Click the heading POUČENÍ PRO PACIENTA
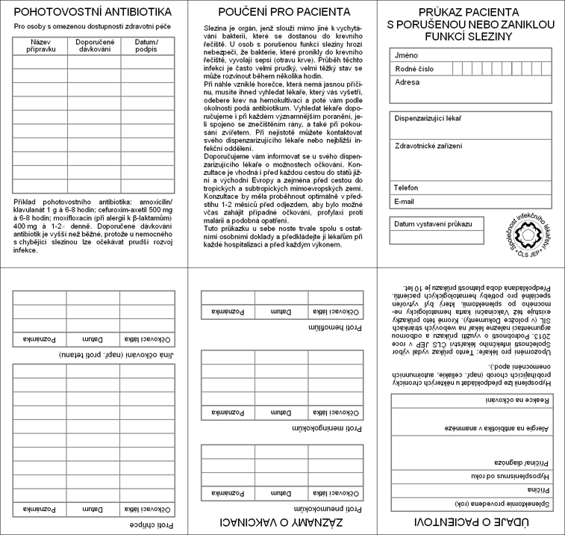(283, 12)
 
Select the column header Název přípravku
(40, 46)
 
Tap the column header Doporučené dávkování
(94, 46)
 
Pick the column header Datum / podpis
(146, 46)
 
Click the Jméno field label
(408, 55)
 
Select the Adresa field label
(408, 82)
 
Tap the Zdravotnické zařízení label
(429, 145)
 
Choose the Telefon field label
(408, 188)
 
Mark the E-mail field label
(406, 201)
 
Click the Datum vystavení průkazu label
(433, 224)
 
